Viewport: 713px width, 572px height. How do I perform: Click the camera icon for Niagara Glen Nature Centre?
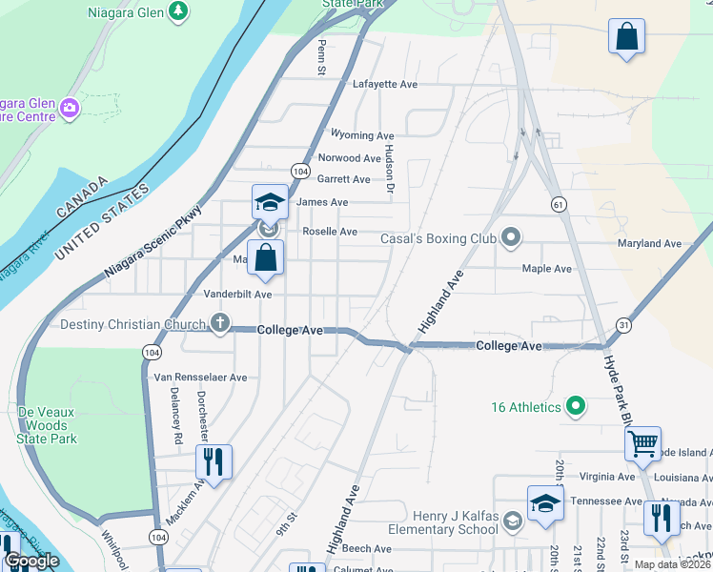(x=69, y=107)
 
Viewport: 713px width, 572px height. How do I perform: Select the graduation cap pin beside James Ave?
(x=270, y=202)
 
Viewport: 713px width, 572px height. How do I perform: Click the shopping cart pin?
(x=642, y=442)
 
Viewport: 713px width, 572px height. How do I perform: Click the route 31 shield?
(x=624, y=324)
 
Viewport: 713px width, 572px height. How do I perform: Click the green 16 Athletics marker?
(x=575, y=407)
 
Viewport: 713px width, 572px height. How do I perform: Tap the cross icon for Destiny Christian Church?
(x=220, y=323)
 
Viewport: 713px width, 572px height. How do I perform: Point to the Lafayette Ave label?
(x=385, y=84)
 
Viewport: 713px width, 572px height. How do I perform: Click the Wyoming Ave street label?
(x=361, y=135)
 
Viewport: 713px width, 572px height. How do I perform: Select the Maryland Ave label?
(x=649, y=243)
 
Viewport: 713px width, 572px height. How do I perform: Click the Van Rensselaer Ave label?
(x=200, y=378)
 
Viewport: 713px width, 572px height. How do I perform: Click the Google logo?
(x=31, y=560)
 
